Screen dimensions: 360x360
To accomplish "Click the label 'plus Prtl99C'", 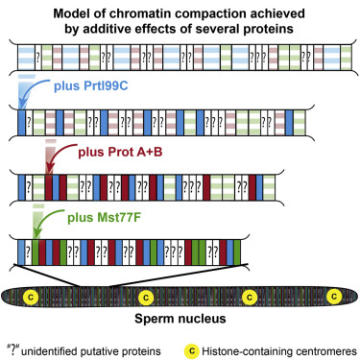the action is pyautogui.click(x=91, y=86).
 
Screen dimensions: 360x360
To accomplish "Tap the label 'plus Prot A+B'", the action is pyautogui.click(x=120, y=152).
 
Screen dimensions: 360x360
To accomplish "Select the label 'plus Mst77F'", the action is pyautogui.click(x=104, y=218).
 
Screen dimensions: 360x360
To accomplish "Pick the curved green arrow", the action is pyautogui.click(x=46, y=220).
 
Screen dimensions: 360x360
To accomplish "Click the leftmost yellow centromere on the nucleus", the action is pyautogui.click(x=31, y=298).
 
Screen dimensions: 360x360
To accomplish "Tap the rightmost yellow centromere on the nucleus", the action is pyautogui.click(x=334, y=297).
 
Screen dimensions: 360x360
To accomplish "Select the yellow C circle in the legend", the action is pyautogui.click(x=191, y=351).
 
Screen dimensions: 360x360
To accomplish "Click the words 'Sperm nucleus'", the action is pyautogui.click(x=180, y=319).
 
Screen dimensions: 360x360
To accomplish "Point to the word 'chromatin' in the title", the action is pyautogui.click(x=137, y=14).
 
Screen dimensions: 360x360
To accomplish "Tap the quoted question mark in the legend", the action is pyautogui.click(x=13, y=349).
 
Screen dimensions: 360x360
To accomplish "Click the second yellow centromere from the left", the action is pyautogui.click(x=146, y=298).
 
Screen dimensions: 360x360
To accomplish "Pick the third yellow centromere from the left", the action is pyautogui.click(x=250, y=298).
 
